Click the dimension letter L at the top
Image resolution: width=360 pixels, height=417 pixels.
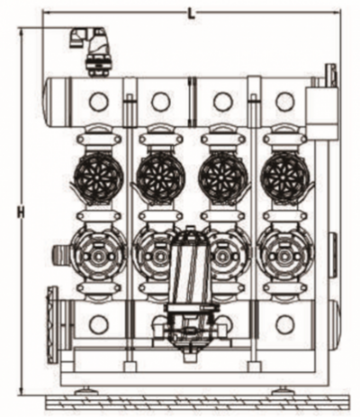click(x=191, y=14)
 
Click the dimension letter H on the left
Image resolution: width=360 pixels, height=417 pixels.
click(x=21, y=213)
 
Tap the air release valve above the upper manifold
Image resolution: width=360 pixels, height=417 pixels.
click(x=91, y=51)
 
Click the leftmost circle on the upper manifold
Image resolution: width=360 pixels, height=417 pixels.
click(x=99, y=102)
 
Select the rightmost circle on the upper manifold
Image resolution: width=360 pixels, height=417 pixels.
click(x=285, y=102)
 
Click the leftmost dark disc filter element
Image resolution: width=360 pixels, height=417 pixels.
click(x=98, y=177)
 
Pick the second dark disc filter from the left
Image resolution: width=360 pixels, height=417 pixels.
click(x=161, y=177)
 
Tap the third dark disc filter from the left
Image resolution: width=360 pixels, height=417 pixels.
click(x=223, y=177)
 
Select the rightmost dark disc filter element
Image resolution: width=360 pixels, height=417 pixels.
click(x=285, y=177)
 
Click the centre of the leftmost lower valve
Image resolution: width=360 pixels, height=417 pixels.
click(x=98, y=257)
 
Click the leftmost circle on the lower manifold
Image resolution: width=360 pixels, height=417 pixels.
click(x=99, y=324)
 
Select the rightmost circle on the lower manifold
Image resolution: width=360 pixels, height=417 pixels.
click(x=285, y=324)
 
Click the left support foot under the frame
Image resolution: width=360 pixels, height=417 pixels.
click(x=85, y=391)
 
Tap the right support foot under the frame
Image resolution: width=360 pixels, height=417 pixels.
click(x=283, y=391)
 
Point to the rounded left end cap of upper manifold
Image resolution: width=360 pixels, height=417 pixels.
click(x=48, y=102)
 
